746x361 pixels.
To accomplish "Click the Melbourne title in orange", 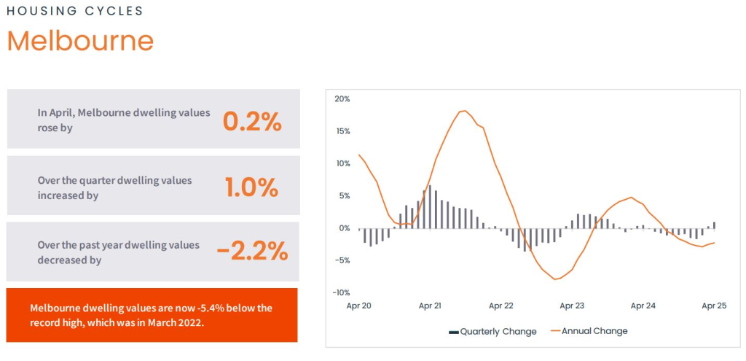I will point(80,41).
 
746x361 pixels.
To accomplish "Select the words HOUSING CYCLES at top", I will point(75,11).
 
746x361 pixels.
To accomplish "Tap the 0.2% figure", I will point(252,122).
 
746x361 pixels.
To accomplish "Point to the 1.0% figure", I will point(252,187).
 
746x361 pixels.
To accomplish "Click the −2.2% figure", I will point(252,252).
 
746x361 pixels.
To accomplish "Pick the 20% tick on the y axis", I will point(342,99).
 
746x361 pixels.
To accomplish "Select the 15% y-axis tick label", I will point(342,131).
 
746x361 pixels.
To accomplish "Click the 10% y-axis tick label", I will point(342,163).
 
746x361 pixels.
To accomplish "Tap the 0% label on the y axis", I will point(344,228).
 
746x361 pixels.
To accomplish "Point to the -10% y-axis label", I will point(340,292).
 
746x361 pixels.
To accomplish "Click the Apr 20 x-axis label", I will point(358,306).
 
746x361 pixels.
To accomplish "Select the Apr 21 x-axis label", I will point(430,306).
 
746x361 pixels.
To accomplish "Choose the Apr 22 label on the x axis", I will point(501,306).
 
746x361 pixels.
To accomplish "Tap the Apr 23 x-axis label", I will point(572,306).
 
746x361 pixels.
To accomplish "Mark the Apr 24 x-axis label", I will point(643,306).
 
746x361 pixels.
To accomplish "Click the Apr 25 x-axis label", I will point(713,306).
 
